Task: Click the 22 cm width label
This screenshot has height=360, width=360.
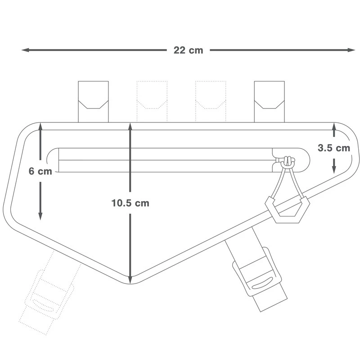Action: pyautogui.click(x=188, y=50)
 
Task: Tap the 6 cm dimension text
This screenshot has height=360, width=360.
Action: pyautogui.click(x=40, y=171)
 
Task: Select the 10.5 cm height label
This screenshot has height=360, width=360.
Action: pyautogui.click(x=130, y=203)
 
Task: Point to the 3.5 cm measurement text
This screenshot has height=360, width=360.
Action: pyautogui.click(x=334, y=148)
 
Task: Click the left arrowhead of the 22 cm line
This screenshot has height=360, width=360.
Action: pyautogui.click(x=25, y=50)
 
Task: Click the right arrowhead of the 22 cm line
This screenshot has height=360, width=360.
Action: pyautogui.click(x=351, y=50)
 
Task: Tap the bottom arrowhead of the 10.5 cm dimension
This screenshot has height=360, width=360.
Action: pyautogui.click(x=130, y=279)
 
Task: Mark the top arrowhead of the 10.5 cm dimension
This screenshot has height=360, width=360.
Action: pyautogui.click(x=130, y=127)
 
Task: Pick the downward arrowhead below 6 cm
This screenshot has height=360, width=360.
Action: pyautogui.click(x=40, y=216)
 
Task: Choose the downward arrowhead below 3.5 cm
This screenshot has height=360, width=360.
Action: pyautogui.click(x=334, y=170)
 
